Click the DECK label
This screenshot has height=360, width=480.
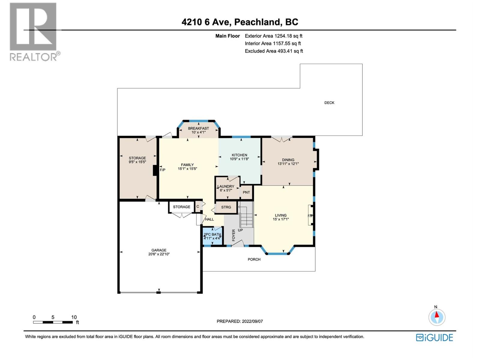[329, 103]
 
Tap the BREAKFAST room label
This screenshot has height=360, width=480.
[198, 128]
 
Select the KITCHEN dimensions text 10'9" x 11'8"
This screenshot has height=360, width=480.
[239, 159]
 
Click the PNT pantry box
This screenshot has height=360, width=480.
[246, 192]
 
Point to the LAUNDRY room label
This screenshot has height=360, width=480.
[226, 186]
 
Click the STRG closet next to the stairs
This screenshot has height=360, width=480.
[226, 207]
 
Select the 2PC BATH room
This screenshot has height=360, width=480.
[212, 236]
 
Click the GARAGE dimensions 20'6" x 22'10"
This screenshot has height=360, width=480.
[159, 254]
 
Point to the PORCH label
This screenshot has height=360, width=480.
[254, 259]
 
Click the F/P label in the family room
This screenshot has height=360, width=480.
[163, 170]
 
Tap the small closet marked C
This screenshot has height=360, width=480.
[198, 207]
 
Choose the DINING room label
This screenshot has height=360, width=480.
[288, 160]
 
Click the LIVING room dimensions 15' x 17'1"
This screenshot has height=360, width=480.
[281, 219]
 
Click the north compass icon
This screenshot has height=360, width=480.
[437, 317]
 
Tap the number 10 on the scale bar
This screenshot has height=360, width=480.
[74, 317]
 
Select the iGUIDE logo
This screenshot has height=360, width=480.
[434, 337]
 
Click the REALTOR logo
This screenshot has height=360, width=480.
[34, 31]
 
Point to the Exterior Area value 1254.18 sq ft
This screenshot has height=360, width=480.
[288, 36]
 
